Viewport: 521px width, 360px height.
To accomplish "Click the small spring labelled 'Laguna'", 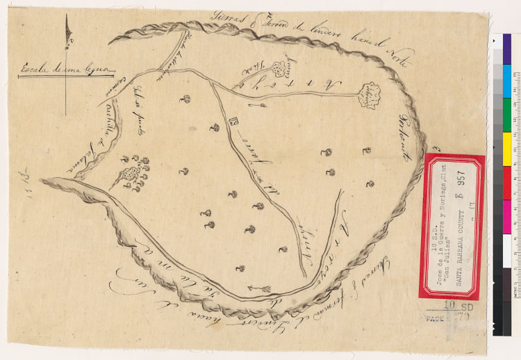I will [x=281, y=68].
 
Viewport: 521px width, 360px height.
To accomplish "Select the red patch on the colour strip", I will [x=506, y=178].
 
